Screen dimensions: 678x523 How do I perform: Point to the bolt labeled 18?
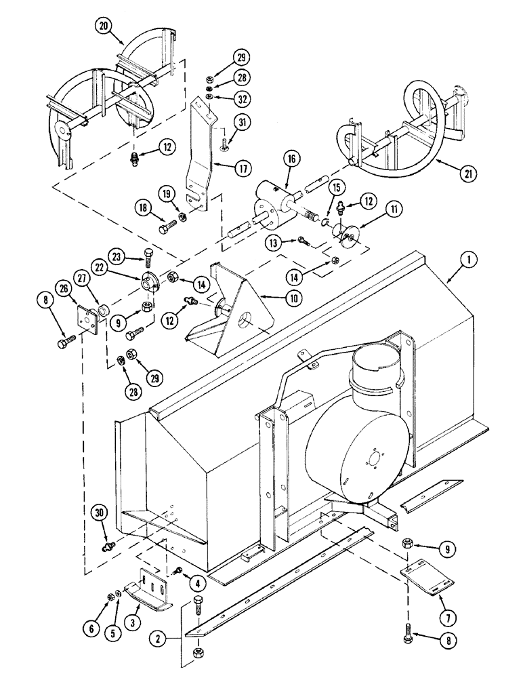(166, 228)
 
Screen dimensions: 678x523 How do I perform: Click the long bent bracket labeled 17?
(204, 156)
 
